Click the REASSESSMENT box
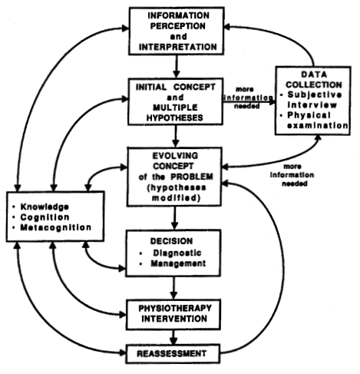pos(173,354)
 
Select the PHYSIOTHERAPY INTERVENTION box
pos(173,314)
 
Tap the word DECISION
pos(171,241)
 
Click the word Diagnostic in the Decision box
pos(177,253)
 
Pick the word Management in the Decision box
pos(178,263)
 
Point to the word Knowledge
pos(45,207)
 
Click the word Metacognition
pos(56,227)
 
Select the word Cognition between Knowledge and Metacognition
pos(45,217)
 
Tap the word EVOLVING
pos(175,156)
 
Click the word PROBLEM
pos(192,177)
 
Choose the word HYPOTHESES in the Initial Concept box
pos(175,117)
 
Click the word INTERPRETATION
pos(178,47)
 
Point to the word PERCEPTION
pos(178,26)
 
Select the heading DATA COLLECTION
pos(314,79)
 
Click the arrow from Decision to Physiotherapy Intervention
pos(173,288)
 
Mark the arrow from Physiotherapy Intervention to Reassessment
pos(173,337)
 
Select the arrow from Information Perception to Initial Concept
pos(176,66)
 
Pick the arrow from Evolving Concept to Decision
pos(174,218)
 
